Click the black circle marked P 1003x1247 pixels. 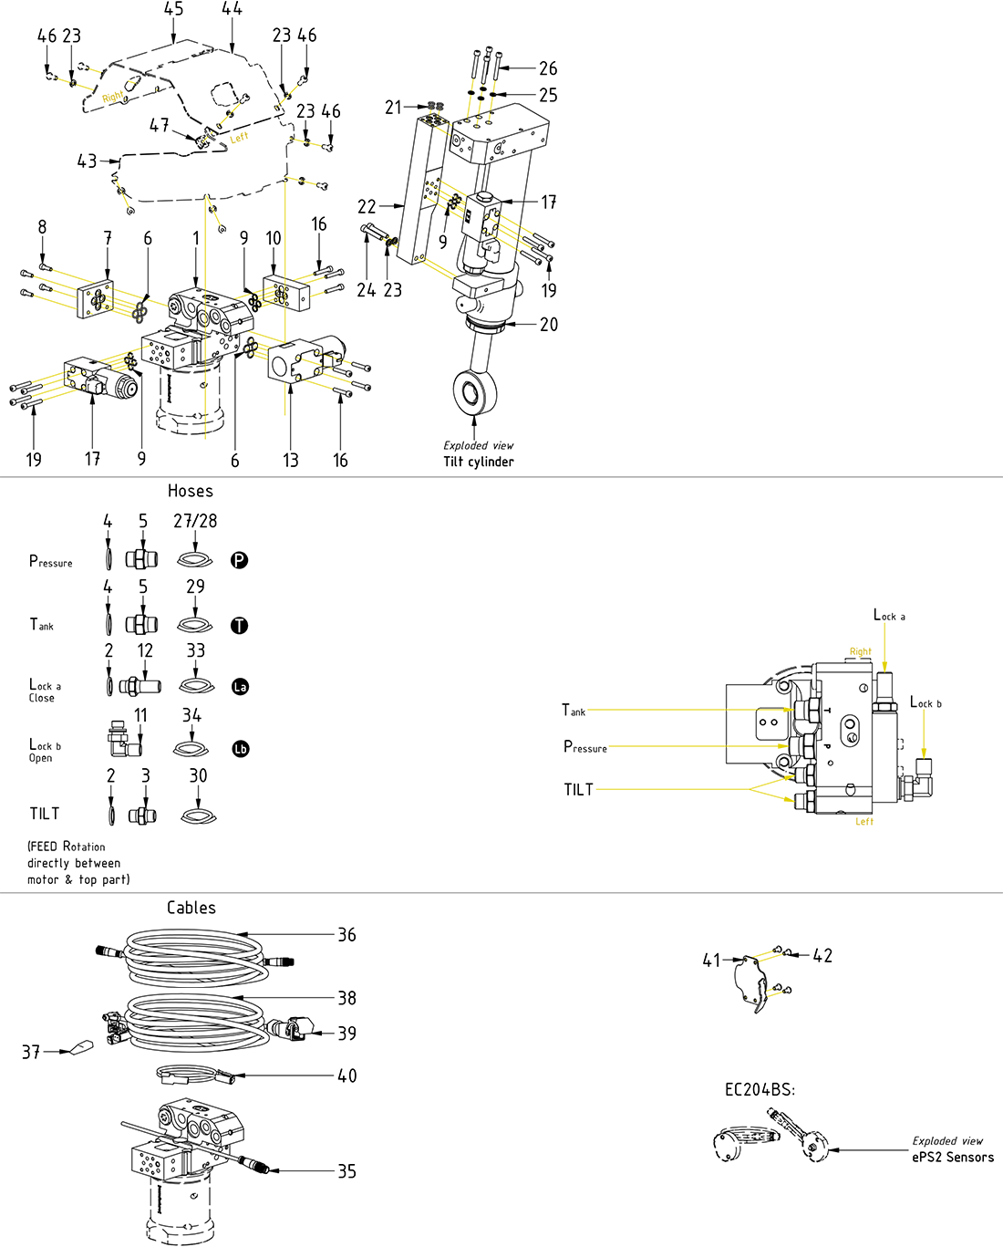tap(239, 560)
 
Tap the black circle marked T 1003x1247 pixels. tap(239, 625)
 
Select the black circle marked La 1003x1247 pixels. tap(240, 686)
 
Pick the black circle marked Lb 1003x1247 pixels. tap(240, 748)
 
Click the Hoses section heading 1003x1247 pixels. tap(191, 491)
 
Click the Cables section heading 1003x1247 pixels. tap(191, 908)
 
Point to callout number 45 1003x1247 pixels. tap(173, 9)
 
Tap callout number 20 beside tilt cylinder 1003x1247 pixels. tap(549, 324)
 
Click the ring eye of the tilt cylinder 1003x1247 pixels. tap(474, 392)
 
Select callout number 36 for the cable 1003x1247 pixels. tap(346, 935)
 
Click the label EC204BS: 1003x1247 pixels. tap(760, 1090)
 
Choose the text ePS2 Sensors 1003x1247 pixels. tap(953, 1157)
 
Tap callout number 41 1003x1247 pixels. tap(711, 960)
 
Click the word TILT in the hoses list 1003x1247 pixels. tap(45, 813)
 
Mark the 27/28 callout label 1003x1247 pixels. tap(195, 521)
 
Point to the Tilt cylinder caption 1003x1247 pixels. tap(479, 462)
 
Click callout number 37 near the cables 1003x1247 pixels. tap(31, 1053)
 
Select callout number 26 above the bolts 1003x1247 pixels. tap(548, 68)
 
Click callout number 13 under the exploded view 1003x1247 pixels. tap(291, 461)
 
